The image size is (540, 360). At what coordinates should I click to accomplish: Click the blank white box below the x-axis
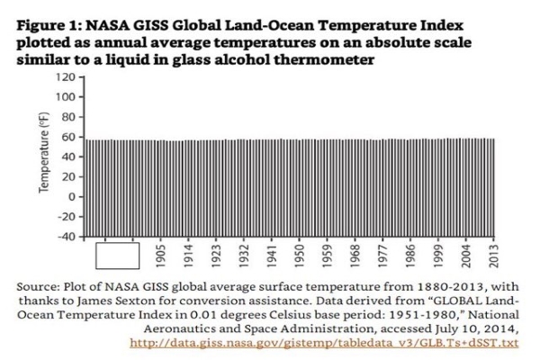117,256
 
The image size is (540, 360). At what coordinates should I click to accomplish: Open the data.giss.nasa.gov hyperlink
325,343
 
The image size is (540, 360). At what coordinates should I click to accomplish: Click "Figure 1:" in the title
45,26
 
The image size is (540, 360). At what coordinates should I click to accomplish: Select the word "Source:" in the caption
40,285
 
